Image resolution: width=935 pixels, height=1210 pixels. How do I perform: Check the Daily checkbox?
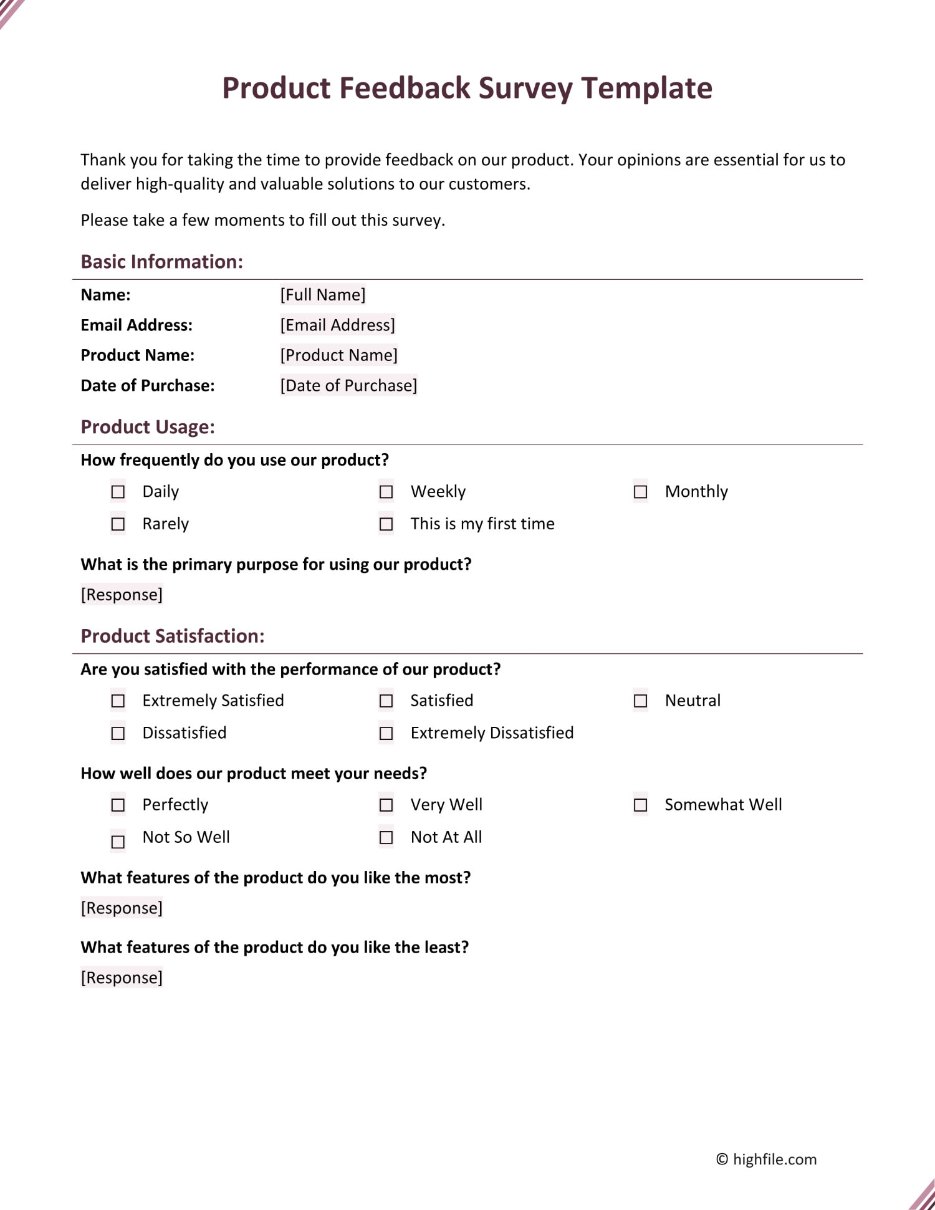[x=118, y=492]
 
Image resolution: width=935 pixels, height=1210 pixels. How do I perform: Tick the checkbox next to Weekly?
[x=386, y=492]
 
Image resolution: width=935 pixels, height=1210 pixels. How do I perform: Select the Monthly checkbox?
[x=640, y=492]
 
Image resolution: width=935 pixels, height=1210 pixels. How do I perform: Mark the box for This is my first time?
[x=386, y=524]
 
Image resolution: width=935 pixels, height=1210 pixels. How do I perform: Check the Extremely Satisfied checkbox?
[x=118, y=701]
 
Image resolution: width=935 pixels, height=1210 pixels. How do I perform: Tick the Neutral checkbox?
[x=640, y=701]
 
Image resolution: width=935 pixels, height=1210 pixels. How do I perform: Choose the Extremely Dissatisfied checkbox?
[x=386, y=733]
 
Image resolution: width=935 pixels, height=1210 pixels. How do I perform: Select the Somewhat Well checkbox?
[x=640, y=805]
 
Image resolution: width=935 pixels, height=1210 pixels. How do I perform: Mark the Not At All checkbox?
[x=386, y=837]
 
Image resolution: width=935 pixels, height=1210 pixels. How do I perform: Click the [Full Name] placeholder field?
[x=323, y=295]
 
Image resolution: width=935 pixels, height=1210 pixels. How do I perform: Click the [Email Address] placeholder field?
[x=337, y=325]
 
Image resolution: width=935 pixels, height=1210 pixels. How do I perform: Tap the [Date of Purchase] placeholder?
[x=348, y=385]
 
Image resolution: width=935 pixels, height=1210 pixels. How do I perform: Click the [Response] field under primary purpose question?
[x=122, y=595]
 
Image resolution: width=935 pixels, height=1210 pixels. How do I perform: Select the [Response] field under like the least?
[x=122, y=977]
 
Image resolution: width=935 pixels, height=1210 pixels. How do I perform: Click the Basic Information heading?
[x=162, y=262]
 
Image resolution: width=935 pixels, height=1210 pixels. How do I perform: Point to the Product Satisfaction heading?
[x=173, y=636]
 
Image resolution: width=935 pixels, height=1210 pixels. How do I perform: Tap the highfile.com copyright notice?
[x=766, y=1159]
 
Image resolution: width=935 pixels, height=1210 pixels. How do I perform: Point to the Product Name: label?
[x=138, y=355]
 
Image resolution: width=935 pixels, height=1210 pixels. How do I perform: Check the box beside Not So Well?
[x=118, y=842]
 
